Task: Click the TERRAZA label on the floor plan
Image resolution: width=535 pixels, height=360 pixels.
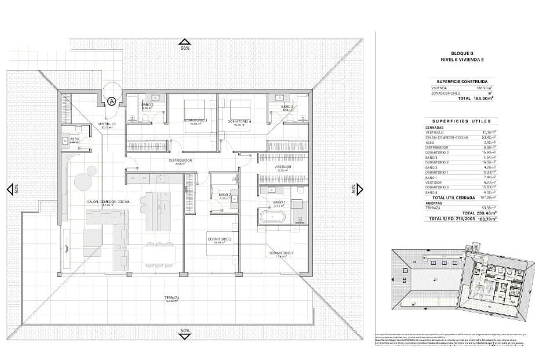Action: coord(170,297)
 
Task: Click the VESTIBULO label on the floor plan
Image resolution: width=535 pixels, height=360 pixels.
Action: coord(106,123)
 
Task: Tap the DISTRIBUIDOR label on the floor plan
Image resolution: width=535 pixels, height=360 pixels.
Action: coord(180,160)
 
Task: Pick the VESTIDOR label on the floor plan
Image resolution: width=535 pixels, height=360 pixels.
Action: coord(283,167)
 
